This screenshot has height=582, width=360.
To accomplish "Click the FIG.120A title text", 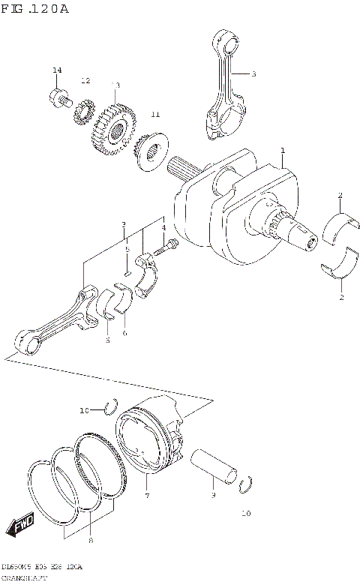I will pos(35,9).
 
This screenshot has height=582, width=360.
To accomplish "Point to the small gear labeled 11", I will pos(151,153).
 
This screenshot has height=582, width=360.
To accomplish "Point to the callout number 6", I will pos(124,333).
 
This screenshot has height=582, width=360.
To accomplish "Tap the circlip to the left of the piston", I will pos(109,407).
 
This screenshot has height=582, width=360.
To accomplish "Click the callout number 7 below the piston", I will pos(147,496).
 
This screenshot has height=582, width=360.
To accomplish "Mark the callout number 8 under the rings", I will pos(91,540).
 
